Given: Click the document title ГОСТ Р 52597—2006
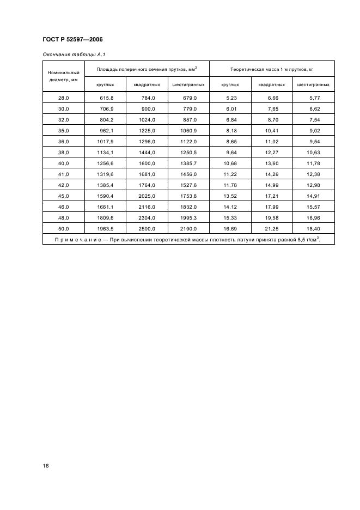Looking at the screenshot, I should point(72,40).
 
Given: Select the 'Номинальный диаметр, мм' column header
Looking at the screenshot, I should point(64,76).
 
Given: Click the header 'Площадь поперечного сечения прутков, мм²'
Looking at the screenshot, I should point(147,69).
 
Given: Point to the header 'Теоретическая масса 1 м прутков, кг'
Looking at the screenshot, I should point(272,69).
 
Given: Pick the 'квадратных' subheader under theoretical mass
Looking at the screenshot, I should point(272,84).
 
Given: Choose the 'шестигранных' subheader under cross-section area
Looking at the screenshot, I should point(188,84).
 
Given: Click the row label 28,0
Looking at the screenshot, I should point(64,98).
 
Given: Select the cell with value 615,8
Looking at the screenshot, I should point(106,98).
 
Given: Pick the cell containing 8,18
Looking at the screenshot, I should point(230,131).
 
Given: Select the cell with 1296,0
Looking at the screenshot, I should point(147,142).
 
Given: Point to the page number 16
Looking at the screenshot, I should point(46,466).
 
